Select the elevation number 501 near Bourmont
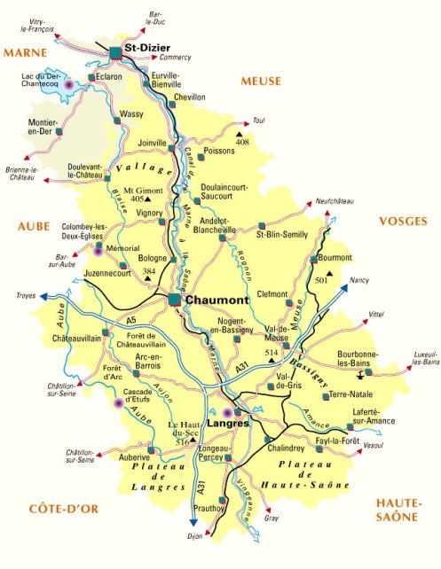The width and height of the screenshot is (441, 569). pyautogui.click(x=324, y=280)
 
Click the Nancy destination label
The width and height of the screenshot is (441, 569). pyautogui.click(x=359, y=281)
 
